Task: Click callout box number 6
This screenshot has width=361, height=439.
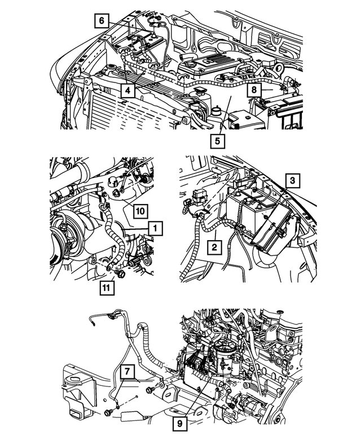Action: click(101, 21)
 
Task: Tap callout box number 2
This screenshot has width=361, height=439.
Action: click(214, 247)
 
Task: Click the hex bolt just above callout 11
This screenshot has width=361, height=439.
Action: click(120, 275)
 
